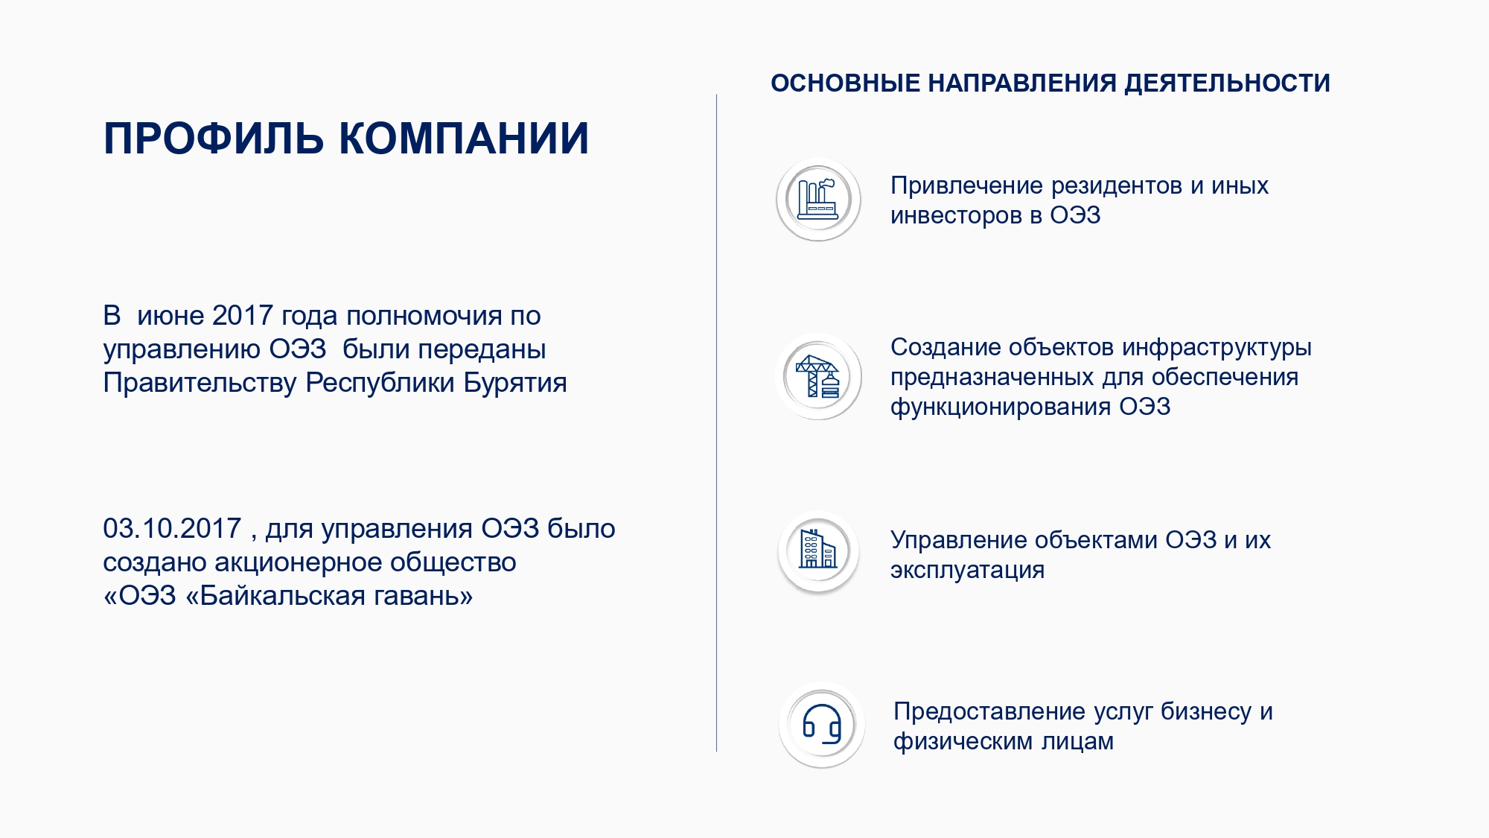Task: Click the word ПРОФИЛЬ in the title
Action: point(214,139)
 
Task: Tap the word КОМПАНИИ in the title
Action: point(465,139)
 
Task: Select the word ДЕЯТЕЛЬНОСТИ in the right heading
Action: point(1227,83)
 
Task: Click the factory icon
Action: point(818,200)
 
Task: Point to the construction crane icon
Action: point(818,376)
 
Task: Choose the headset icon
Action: point(822,724)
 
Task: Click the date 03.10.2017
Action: point(172,528)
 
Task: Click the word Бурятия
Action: point(515,383)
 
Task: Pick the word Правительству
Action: point(200,383)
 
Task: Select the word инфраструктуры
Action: point(1217,348)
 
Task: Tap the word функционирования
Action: point(1001,407)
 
